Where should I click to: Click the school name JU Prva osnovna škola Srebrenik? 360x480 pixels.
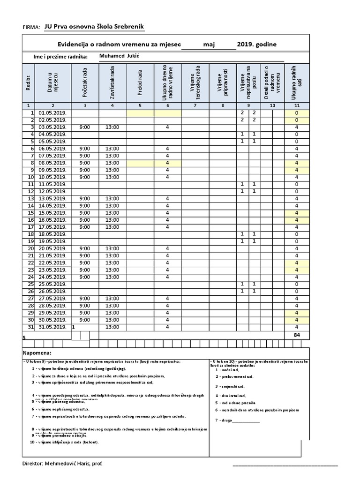click(95, 27)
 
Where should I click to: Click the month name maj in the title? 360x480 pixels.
click(209, 45)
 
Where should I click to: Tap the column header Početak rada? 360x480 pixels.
click(85, 82)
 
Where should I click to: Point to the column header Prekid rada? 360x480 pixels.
click(140, 82)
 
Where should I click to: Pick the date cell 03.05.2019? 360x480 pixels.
click(52, 127)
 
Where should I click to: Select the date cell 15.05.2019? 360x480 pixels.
click(52, 213)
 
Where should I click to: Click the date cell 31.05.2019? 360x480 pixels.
click(52, 327)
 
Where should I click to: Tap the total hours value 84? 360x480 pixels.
click(297, 335)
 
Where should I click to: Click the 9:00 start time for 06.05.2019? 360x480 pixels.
click(85, 149)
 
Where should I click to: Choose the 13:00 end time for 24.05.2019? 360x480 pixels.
click(112, 277)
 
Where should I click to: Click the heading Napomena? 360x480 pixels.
click(37, 352)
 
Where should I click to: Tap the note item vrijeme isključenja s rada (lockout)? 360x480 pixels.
click(65, 442)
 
